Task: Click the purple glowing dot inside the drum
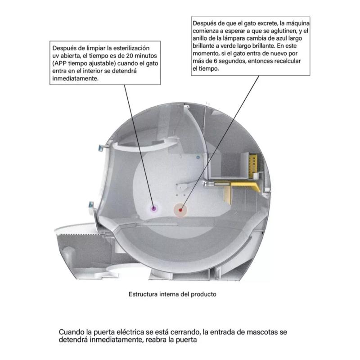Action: tap(154, 208)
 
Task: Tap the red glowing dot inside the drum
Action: tap(181, 210)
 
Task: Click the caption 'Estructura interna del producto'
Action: tap(172, 294)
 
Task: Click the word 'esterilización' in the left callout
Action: tap(130, 48)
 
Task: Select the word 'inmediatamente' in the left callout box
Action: tap(75, 79)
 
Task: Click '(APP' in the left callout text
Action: tap(60, 63)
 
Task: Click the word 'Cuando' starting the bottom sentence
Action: tap(71, 332)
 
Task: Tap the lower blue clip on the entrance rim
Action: tap(91, 205)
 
